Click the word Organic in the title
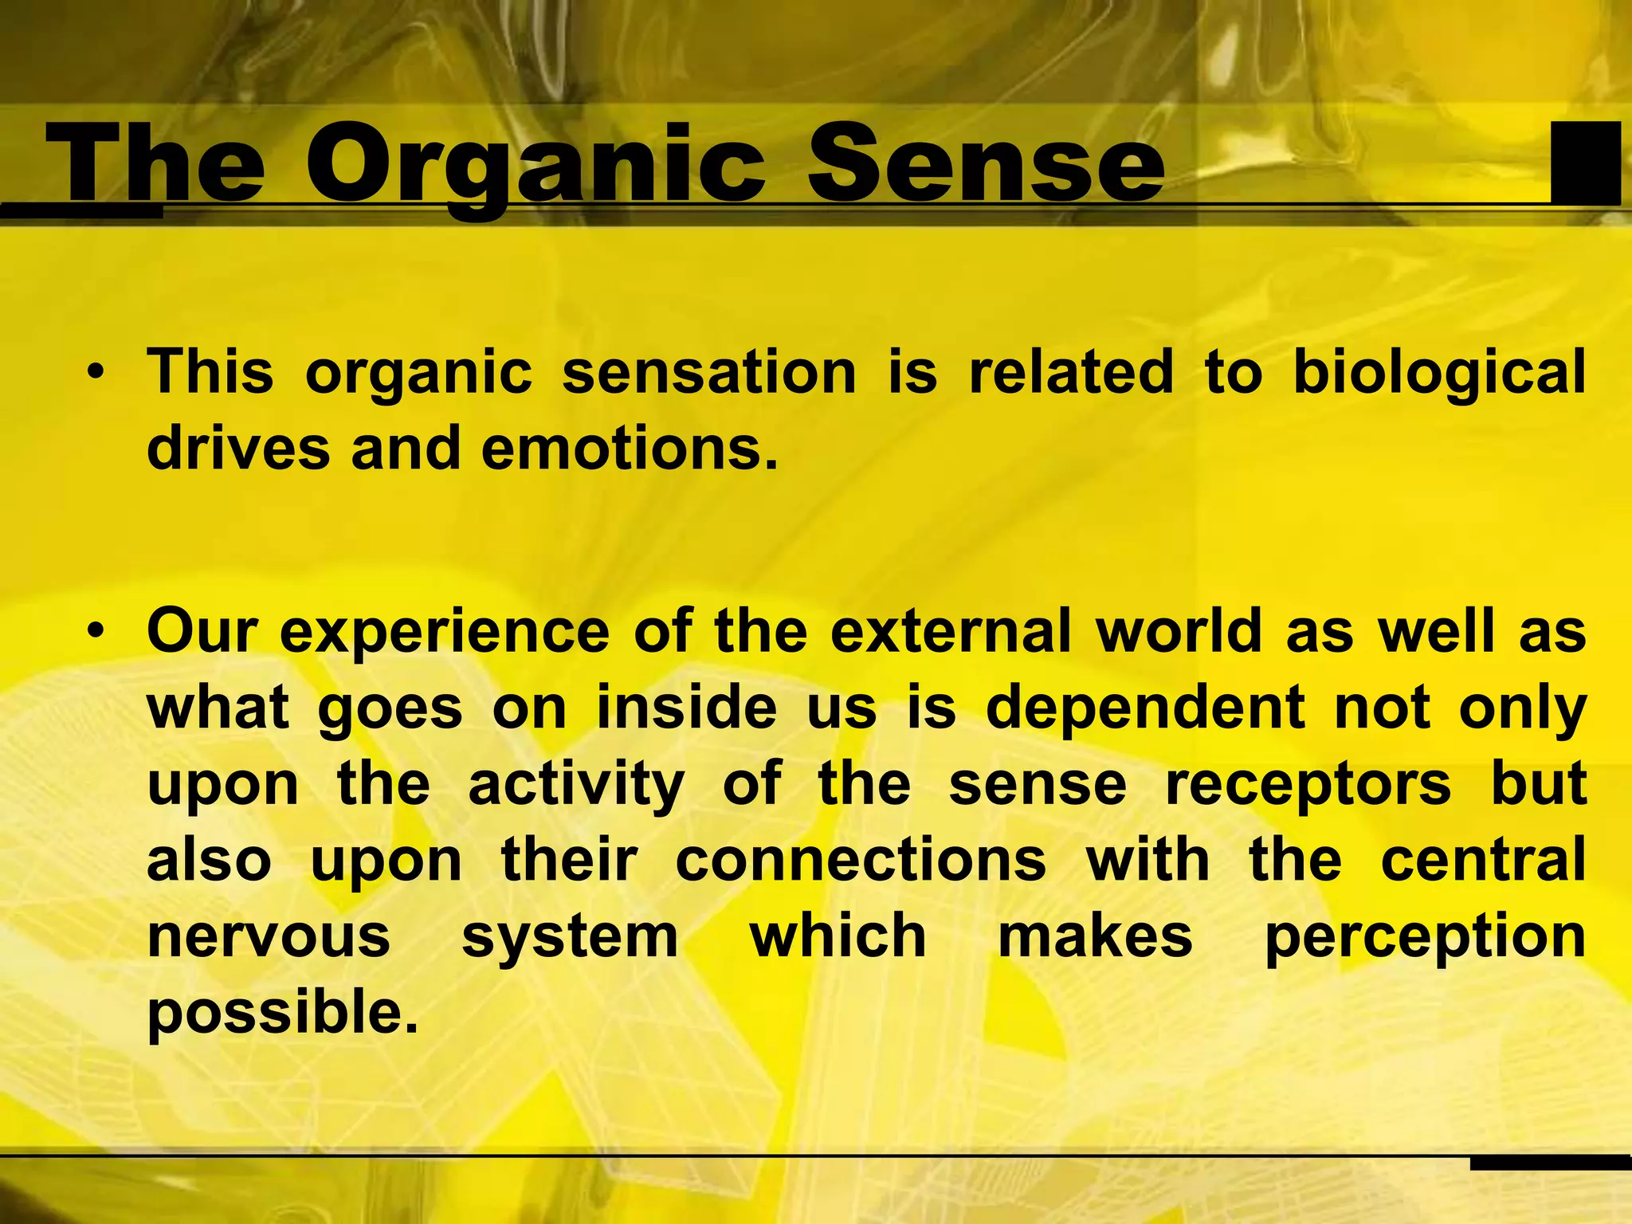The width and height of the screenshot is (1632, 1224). click(535, 167)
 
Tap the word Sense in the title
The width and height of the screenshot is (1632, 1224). click(987, 166)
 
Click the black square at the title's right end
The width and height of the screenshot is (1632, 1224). click(1585, 163)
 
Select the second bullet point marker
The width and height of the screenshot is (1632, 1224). click(96, 632)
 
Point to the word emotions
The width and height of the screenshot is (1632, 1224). click(629, 449)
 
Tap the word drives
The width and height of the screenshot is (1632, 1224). click(238, 449)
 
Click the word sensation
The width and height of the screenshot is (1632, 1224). click(708, 373)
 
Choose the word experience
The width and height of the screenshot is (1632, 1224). click(445, 632)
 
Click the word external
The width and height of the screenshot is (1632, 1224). click(950, 632)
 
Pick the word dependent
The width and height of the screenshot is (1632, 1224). click(1145, 708)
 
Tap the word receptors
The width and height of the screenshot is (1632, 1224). click(1308, 786)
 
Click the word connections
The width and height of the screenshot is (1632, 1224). click(861, 861)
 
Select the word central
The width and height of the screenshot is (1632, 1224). click(1483, 861)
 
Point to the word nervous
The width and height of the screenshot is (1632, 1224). click(269, 938)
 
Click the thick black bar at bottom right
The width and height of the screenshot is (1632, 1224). click(1550, 1163)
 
